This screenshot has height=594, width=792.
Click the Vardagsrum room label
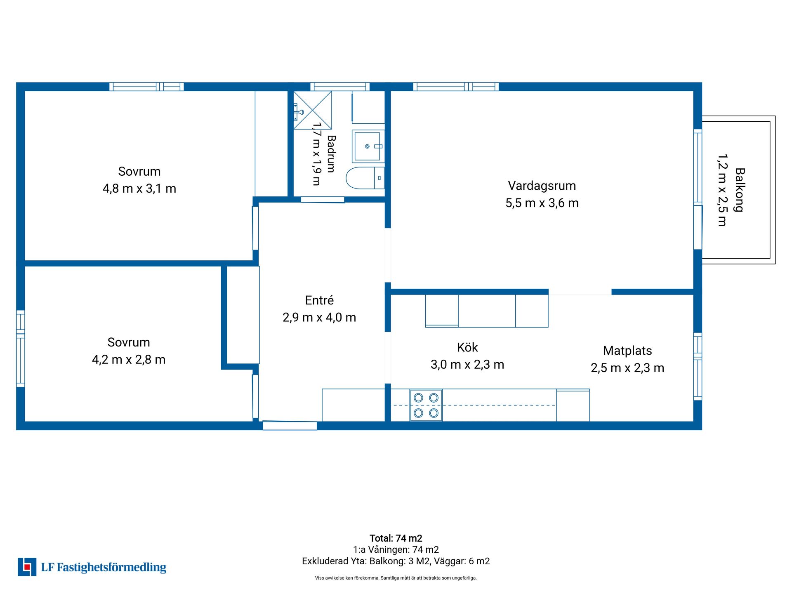542,186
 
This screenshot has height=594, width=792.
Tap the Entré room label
319,300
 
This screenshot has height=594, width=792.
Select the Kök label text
467,347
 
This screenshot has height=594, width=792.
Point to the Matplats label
627,351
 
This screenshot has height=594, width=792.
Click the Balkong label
740,190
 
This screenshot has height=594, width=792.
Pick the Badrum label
331,154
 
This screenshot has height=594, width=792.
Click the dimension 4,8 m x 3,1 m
139,189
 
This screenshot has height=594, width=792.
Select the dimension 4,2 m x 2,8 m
129,360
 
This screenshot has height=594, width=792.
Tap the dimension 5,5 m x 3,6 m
542,203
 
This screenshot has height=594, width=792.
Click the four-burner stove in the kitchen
426,405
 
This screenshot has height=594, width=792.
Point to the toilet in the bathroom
365,178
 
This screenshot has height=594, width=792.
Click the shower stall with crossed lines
313,110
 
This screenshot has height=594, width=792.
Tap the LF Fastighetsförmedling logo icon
27,567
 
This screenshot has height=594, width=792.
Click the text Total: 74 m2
396,538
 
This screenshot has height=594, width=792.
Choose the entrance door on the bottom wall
290,425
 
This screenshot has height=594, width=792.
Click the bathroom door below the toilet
323,200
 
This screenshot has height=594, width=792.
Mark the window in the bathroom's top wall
340,87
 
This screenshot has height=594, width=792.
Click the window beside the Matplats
698,366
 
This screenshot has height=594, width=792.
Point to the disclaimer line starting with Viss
396,578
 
